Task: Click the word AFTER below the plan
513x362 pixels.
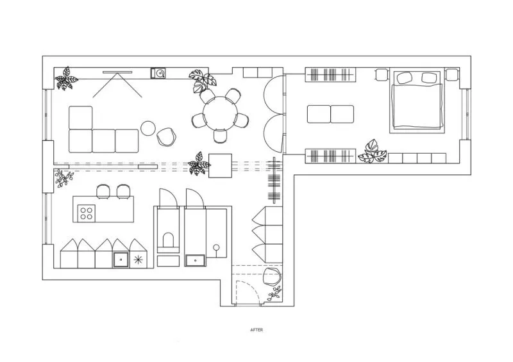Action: (256, 330)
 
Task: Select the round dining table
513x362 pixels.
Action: (220, 113)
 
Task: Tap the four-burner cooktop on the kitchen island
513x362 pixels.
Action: (87, 213)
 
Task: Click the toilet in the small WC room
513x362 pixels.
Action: (169, 240)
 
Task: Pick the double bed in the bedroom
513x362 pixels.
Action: (417, 102)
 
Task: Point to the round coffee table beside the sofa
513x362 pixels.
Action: (148, 128)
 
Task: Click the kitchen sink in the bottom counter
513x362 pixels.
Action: (121, 260)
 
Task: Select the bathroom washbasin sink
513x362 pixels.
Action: (196, 260)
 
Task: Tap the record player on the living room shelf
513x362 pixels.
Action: (158, 73)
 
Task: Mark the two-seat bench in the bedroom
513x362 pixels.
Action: (330, 114)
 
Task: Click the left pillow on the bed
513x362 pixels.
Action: (404, 78)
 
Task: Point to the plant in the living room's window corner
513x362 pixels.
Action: (67, 78)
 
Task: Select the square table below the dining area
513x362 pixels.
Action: (220, 166)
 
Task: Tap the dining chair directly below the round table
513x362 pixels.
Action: (220, 136)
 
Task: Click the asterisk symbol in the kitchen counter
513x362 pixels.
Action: (139, 260)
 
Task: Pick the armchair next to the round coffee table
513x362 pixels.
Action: (167, 136)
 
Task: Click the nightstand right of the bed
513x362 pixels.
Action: (452, 74)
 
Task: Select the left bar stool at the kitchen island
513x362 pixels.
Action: (104, 192)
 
